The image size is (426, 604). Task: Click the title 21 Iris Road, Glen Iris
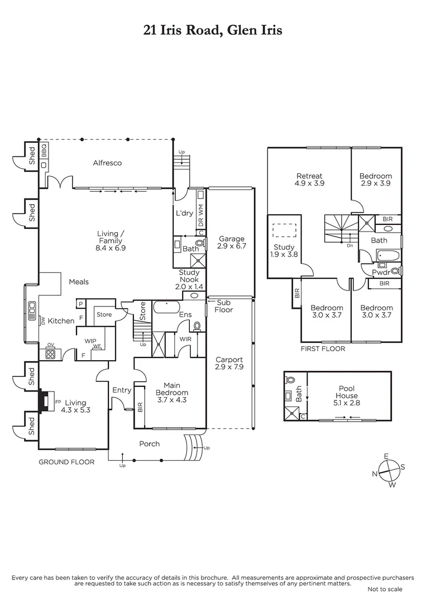click(x=213, y=30)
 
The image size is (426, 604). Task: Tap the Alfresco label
click(x=107, y=163)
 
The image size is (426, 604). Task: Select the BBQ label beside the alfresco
click(x=44, y=151)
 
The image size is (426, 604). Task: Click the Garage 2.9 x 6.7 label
click(x=231, y=242)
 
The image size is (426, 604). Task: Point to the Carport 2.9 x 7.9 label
click(x=229, y=363)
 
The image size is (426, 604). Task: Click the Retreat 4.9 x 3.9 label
click(x=309, y=180)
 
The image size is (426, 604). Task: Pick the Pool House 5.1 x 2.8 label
click(x=347, y=392)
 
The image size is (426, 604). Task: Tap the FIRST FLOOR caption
click(x=323, y=349)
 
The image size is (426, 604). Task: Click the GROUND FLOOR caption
click(x=66, y=462)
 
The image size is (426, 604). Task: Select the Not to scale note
click(x=385, y=589)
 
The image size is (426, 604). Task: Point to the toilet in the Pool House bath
click(x=289, y=380)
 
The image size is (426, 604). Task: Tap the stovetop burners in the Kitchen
click(x=50, y=353)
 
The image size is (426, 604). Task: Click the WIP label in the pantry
click(x=91, y=340)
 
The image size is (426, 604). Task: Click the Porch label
click(x=149, y=444)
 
